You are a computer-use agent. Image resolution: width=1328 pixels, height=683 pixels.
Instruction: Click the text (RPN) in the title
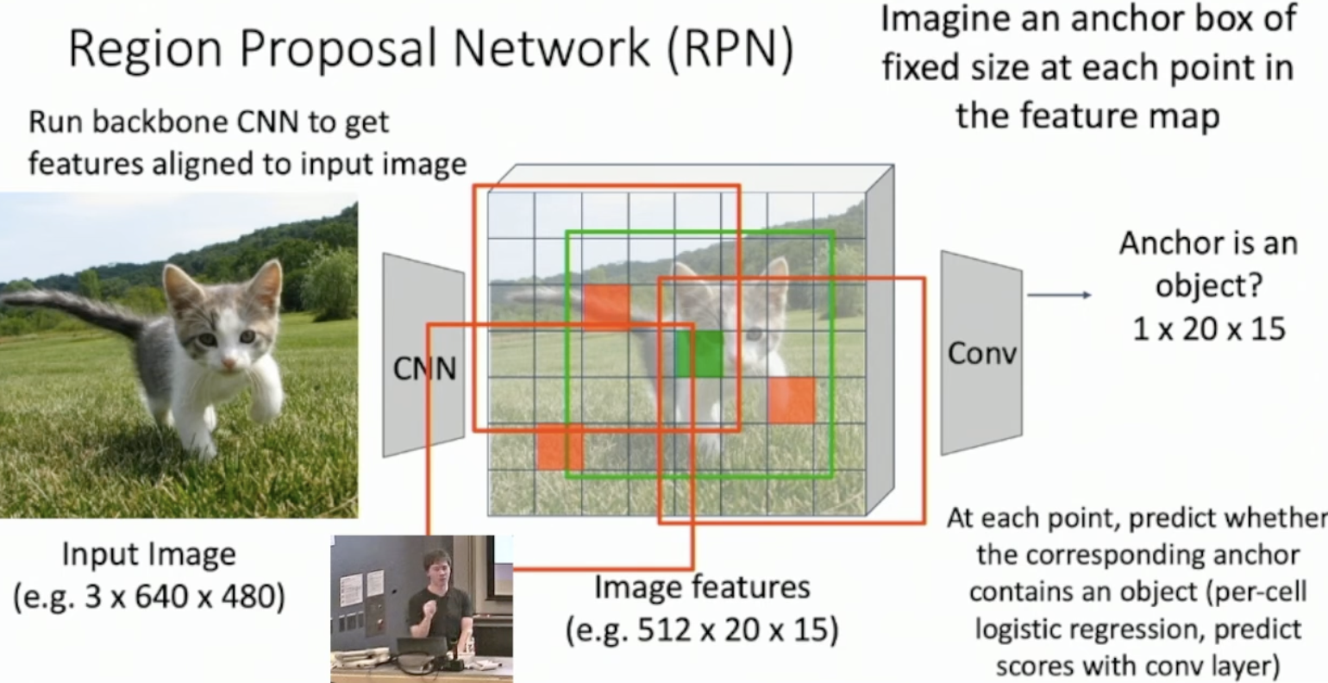click(730, 48)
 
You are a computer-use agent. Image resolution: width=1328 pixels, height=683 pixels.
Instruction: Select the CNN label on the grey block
click(424, 368)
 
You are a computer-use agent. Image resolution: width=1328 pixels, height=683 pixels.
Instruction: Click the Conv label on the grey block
click(981, 354)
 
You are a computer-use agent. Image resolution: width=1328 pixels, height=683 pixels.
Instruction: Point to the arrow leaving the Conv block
click(1060, 295)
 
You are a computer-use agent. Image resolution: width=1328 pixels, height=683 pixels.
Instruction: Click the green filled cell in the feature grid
click(699, 354)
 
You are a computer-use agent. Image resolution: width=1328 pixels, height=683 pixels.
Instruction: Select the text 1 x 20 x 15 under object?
click(1209, 329)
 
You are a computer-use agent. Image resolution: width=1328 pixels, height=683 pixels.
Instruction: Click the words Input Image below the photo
click(149, 555)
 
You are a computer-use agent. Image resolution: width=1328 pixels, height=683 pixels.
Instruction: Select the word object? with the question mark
click(1209, 286)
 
